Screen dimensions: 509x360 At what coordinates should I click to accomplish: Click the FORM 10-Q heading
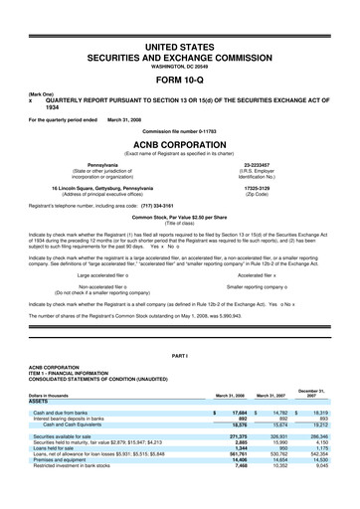[179, 78]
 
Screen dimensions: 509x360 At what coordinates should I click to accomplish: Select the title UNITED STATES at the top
[179, 48]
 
